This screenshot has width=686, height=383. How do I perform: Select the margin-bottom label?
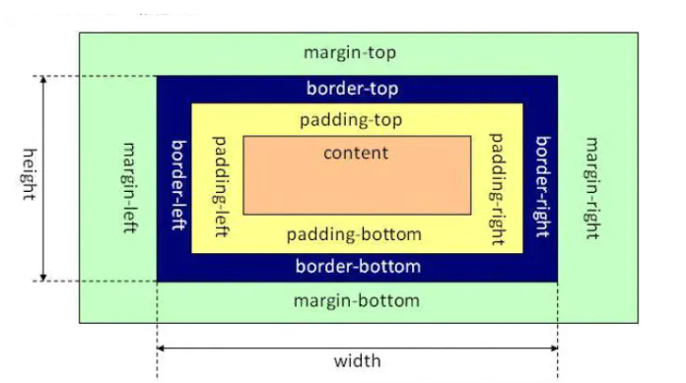pos(356,300)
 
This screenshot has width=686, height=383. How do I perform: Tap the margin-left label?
pos(129,187)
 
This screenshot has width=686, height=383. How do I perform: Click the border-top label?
pos(353,89)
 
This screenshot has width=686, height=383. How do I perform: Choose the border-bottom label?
pos(358,267)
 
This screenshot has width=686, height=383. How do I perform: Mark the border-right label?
pos(541,187)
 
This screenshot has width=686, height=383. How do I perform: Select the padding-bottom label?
pos(354,235)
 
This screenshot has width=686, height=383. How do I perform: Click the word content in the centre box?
pos(356,153)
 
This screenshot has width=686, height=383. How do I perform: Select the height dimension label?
pos(29,174)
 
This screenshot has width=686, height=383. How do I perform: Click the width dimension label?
pos(357,361)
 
